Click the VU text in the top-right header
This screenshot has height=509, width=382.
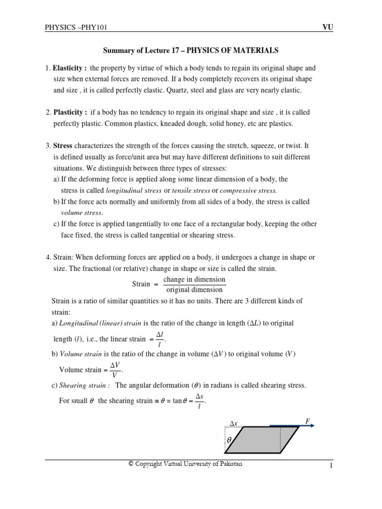click(x=328, y=27)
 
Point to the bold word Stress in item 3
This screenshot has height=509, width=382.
click(x=63, y=146)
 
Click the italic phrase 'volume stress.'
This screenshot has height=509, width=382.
click(x=82, y=213)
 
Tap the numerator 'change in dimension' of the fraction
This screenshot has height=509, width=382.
click(x=194, y=279)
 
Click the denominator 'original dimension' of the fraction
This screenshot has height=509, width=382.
click(x=194, y=290)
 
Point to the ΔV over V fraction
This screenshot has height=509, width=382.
click(x=115, y=370)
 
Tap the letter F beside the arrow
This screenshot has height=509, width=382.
click(x=308, y=422)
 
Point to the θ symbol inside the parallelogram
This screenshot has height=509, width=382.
click(x=229, y=440)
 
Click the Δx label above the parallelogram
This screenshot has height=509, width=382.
click(x=234, y=424)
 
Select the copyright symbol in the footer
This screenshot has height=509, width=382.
click(x=131, y=464)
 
